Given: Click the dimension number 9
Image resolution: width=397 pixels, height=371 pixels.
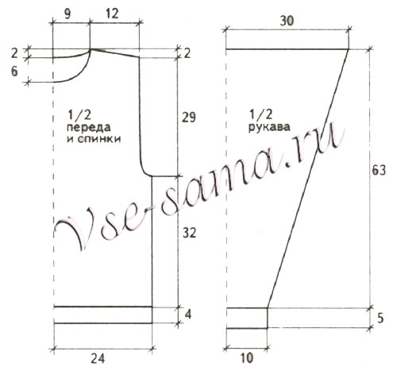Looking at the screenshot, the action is point(67,14).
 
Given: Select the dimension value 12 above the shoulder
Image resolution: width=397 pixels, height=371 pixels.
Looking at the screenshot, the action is point(112,14).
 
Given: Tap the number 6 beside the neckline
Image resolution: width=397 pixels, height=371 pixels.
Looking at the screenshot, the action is point(14,71).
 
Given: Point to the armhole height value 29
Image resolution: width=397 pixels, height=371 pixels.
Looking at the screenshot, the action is point(188,117).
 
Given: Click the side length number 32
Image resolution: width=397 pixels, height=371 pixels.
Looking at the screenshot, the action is point(189,233).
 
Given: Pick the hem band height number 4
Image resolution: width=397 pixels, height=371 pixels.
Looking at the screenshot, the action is point(188,315).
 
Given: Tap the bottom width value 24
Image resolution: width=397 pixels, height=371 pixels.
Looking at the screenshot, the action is point(98,359).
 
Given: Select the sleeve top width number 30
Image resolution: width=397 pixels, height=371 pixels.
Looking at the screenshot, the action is point(287,21).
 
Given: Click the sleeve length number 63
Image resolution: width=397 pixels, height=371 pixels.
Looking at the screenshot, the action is point(379,171).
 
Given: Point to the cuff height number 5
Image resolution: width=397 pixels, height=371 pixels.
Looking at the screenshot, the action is point(380,319).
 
